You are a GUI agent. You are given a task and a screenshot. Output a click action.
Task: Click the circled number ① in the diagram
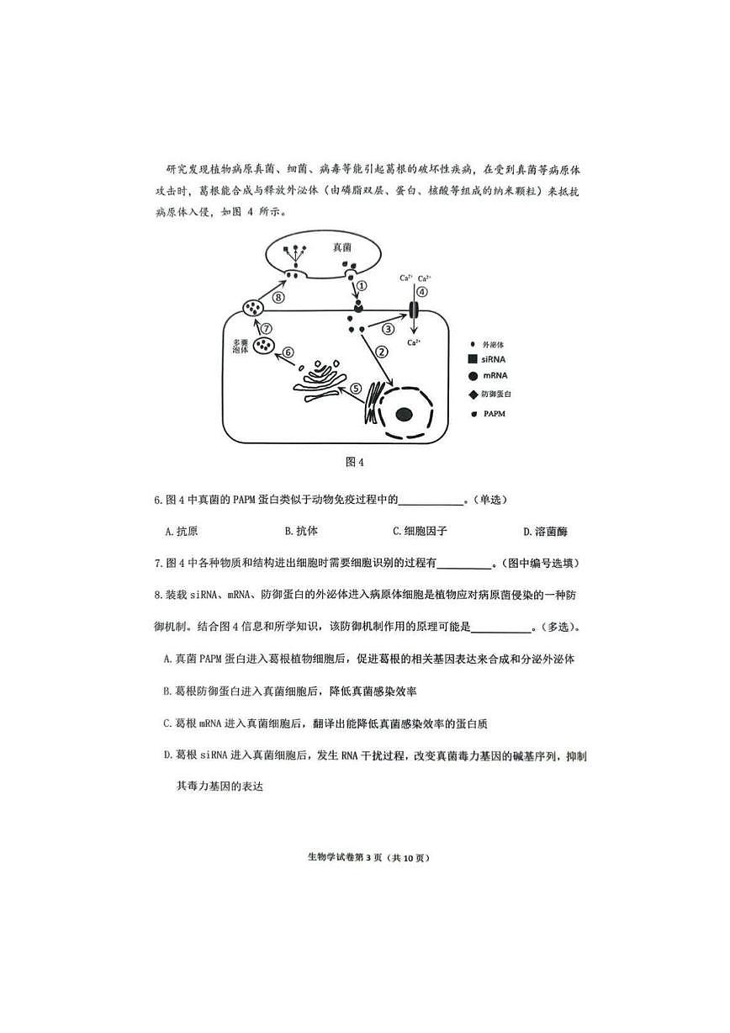(361, 285)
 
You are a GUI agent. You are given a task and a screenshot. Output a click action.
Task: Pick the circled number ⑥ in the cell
(288, 352)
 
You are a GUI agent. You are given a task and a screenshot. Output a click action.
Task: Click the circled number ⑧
(278, 297)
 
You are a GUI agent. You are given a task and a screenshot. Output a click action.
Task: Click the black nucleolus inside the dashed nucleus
(405, 414)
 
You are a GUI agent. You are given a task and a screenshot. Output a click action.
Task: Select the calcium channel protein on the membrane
(414, 311)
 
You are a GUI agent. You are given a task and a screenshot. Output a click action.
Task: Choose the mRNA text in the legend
(495, 376)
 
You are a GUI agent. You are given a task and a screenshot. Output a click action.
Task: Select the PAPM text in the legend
(495, 414)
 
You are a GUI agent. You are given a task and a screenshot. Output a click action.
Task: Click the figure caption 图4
(354, 462)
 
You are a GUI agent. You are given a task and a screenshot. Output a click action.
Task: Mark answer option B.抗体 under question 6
(301, 532)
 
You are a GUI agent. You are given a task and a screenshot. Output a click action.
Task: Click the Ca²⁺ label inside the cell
(414, 342)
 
